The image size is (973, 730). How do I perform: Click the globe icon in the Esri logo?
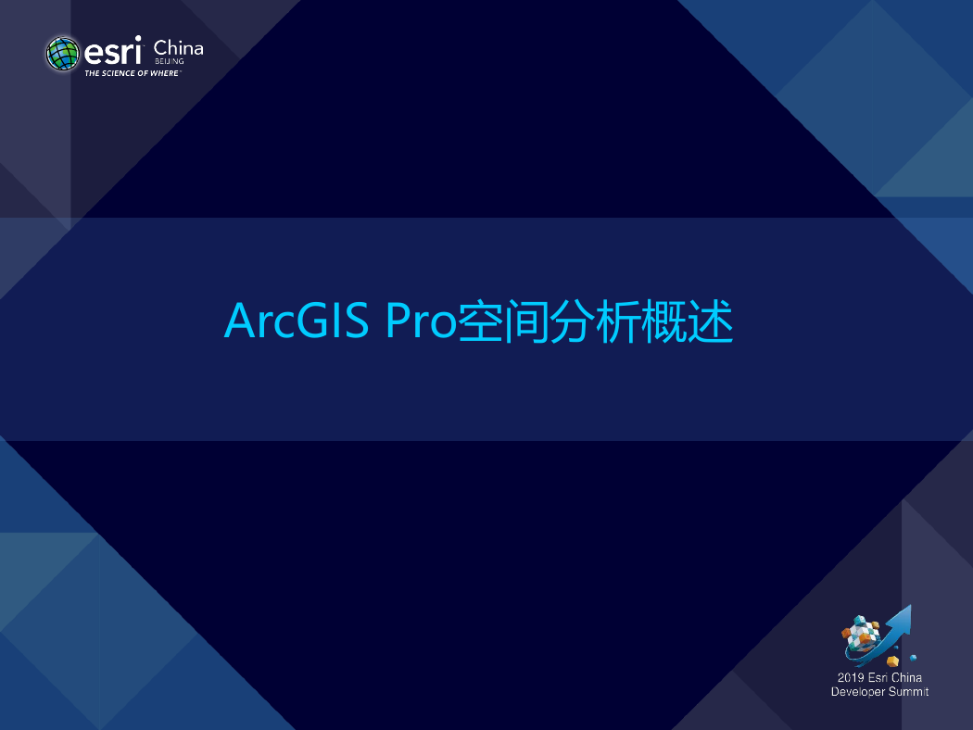[63, 54]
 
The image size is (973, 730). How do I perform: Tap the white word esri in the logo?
[113, 51]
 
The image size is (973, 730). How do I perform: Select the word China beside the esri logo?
[178, 48]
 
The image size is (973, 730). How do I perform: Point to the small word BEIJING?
[170, 61]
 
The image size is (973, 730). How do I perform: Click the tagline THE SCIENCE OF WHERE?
[132, 73]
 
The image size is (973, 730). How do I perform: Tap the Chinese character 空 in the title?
[480, 321]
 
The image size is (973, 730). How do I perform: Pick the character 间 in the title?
[526, 321]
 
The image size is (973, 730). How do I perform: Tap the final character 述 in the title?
[711, 321]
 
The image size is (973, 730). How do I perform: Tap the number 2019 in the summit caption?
[850, 677]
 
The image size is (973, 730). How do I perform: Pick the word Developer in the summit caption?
[858, 692]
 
